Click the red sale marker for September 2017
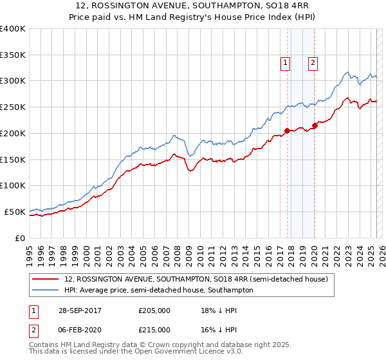point(287,130)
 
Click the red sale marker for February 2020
point(315,125)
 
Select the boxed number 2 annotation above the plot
point(313,63)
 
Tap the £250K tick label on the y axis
point(13,107)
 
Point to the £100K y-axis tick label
point(13,185)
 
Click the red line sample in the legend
point(46,280)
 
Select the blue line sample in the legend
point(46,290)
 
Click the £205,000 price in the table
point(154,310)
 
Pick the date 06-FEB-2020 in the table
point(78,330)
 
